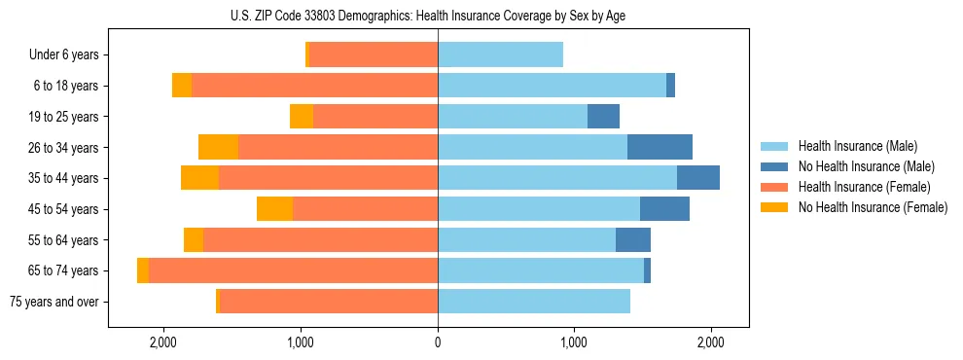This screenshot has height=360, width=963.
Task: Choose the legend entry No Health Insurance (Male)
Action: click(865, 166)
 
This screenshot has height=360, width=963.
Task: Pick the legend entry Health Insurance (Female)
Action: click(864, 187)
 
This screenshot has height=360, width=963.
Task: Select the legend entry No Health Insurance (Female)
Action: click(872, 207)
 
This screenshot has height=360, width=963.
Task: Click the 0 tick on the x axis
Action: click(438, 342)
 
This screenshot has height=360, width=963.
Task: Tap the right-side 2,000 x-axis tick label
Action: click(711, 342)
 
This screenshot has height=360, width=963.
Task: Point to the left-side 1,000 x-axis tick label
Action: click(301, 342)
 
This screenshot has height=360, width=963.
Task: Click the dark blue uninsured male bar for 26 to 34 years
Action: click(660, 147)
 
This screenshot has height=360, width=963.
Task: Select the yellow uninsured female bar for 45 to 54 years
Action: click(275, 209)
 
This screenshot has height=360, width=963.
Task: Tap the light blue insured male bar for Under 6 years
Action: click(500, 55)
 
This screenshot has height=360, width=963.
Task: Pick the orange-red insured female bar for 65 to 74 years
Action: click(293, 270)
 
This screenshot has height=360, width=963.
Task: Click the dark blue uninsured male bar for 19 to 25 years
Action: click(603, 117)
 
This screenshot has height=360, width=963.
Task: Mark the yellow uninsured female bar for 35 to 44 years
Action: click(200, 178)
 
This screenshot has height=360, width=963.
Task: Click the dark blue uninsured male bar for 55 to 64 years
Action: click(633, 239)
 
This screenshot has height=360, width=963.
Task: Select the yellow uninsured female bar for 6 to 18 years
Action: click(182, 86)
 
